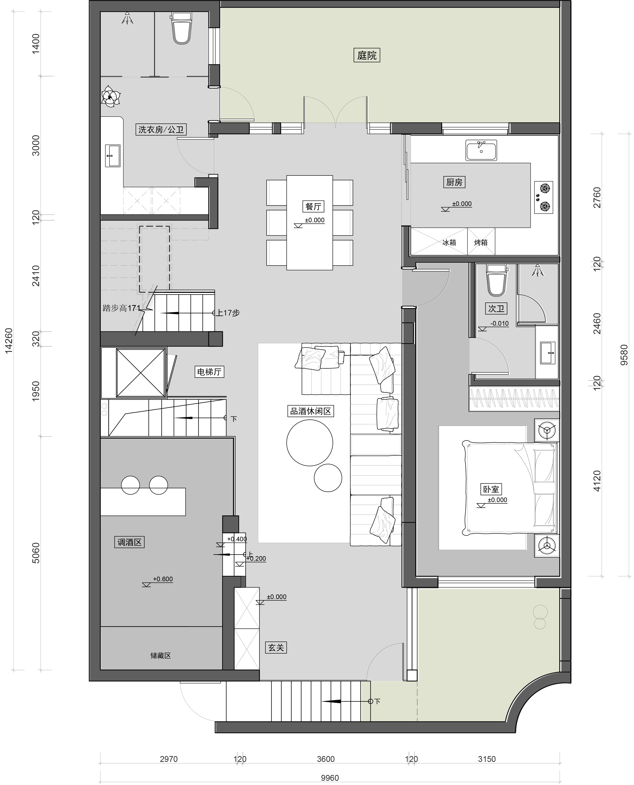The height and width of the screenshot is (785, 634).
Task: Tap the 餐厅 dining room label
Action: click(313, 206)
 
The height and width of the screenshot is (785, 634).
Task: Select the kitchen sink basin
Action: click(481, 150)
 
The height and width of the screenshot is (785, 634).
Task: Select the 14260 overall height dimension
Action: click(9, 340)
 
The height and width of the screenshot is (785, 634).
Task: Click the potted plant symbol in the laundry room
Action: click(110, 96)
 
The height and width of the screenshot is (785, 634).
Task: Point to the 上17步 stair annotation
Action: click(228, 313)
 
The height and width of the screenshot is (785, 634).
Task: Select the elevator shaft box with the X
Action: click(141, 372)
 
